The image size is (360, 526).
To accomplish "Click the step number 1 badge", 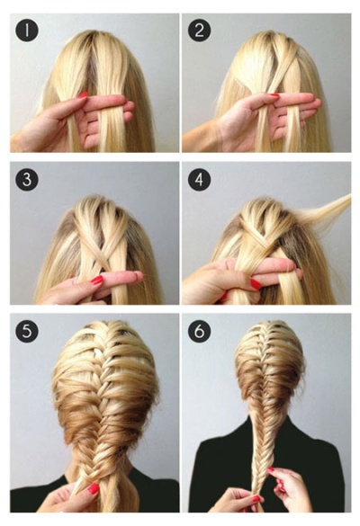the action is [x=26, y=31].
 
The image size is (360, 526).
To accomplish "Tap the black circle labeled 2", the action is [x=199, y=31].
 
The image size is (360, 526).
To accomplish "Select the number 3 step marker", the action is [x=26, y=180].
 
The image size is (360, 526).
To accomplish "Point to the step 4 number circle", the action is [x=199, y=180].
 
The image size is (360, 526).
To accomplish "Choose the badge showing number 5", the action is [x=26, y=331].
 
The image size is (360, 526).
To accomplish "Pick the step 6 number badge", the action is [x=199, y=331].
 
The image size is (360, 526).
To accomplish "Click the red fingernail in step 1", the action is [x=83, y=95].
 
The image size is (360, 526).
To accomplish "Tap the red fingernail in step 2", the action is [x=274, y=95].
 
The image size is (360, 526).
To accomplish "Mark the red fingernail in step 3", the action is [x=97, y=280].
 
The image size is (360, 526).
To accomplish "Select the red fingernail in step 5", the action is [x=94, y=488].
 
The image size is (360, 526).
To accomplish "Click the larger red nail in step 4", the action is [x=256, y=284].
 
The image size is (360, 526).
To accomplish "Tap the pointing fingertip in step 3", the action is [x=138, y=276].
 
